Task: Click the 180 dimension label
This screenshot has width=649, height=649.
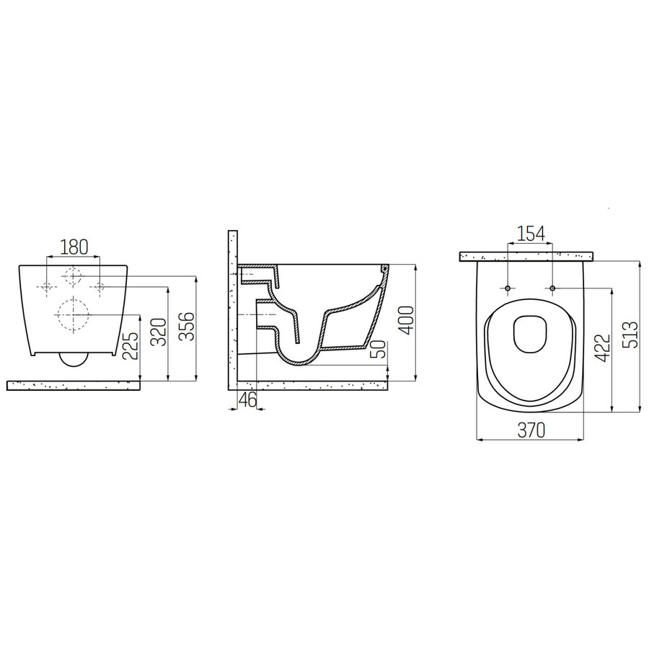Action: (x=74, y=247)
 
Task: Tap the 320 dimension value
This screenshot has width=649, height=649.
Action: (x=159, y=331)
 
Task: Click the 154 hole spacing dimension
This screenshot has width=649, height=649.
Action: (x=530, y=234)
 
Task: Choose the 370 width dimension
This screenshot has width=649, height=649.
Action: (x=530, y=430)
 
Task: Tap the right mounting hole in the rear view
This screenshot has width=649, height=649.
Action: (x=99, y=287)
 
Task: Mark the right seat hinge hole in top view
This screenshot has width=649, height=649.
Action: (x=552, y=289)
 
